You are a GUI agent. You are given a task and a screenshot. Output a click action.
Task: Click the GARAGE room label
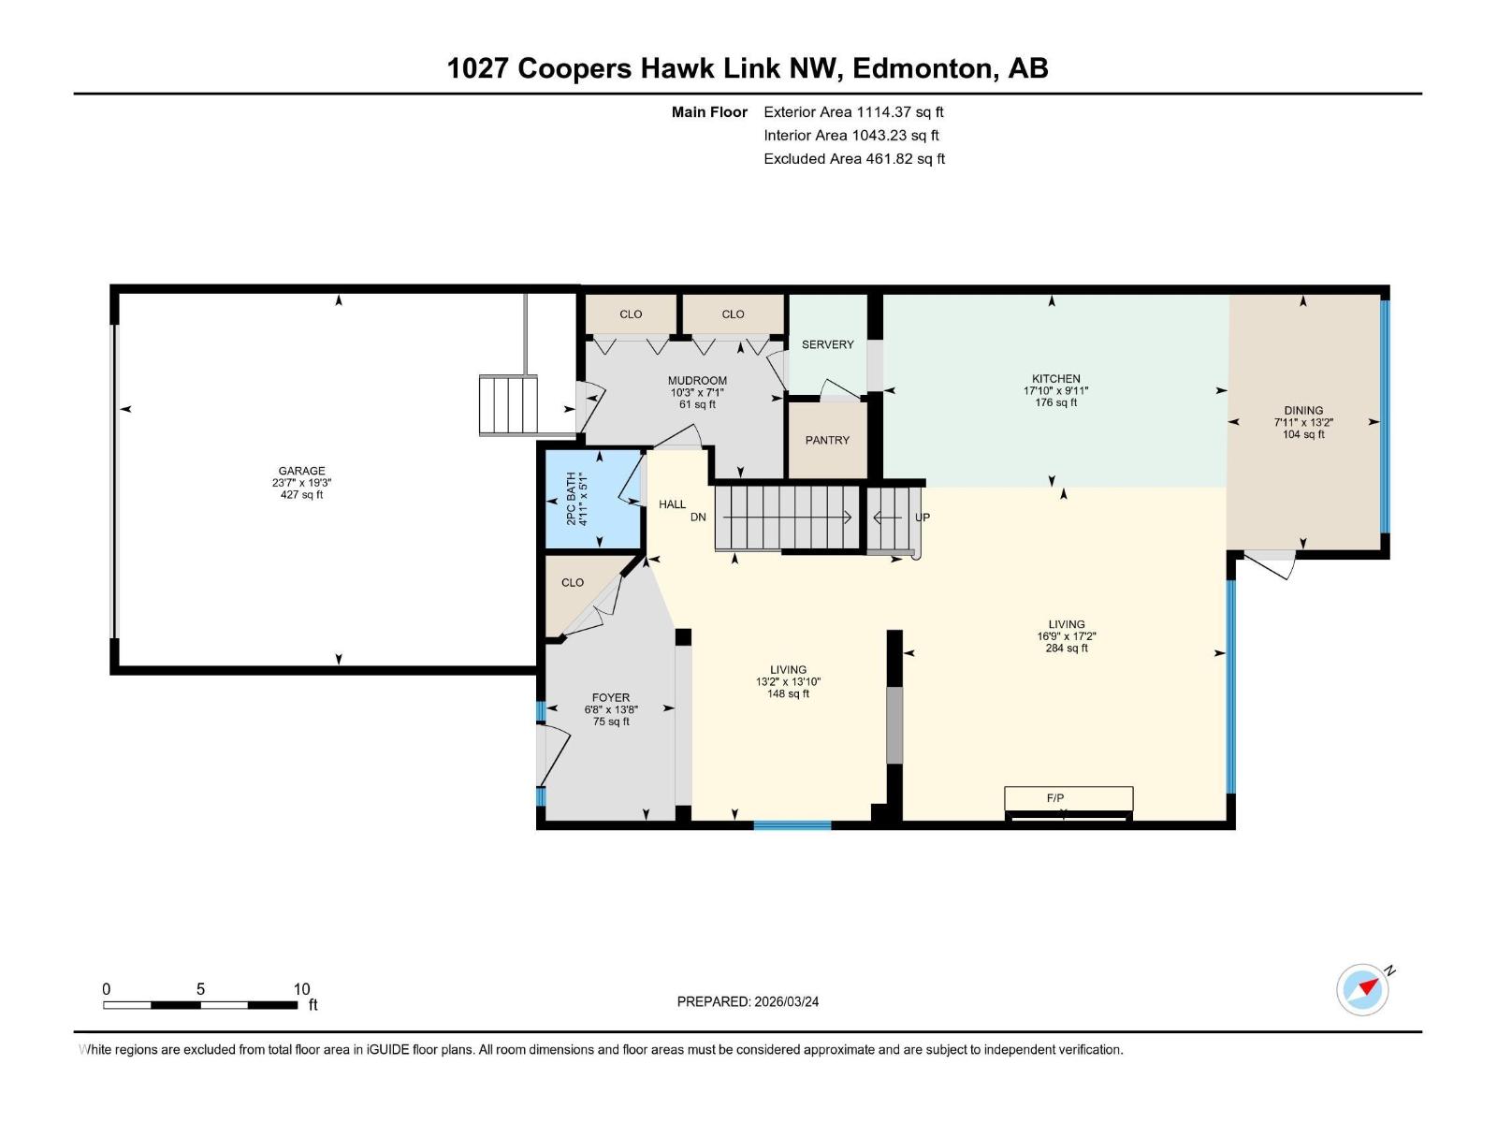[301, 471]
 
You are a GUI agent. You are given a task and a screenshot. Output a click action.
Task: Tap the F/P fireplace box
[1068, 798]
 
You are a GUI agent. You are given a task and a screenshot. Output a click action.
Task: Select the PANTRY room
[827, 440]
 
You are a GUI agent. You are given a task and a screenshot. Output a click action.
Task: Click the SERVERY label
[827, 344]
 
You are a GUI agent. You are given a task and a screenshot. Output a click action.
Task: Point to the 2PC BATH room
[593, 500]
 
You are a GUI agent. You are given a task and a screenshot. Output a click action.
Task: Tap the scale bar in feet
[200, 1005]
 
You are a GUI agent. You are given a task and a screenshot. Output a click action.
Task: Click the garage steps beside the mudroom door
[509, 404]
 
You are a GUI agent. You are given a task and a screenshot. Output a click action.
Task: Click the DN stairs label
[698, 518]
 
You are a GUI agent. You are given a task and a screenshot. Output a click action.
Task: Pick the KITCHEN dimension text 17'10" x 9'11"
[1055, 391]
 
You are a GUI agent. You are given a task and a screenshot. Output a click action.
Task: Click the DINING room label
[1302, 410]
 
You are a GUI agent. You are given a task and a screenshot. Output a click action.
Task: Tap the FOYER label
[610, 697]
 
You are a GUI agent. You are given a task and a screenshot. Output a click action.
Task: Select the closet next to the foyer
[574, 590]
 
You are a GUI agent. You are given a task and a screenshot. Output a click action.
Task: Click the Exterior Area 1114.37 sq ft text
[852, 112]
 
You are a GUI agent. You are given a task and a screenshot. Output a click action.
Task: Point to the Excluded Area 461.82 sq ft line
[853, 159]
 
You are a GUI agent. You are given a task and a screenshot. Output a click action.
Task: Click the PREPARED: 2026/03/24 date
[748, 1001]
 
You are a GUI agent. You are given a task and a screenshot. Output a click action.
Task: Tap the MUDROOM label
[696, 381]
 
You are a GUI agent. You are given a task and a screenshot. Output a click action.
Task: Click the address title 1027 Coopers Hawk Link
[747, 68]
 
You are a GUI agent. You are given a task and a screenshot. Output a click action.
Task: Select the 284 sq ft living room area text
[1066, 648]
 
